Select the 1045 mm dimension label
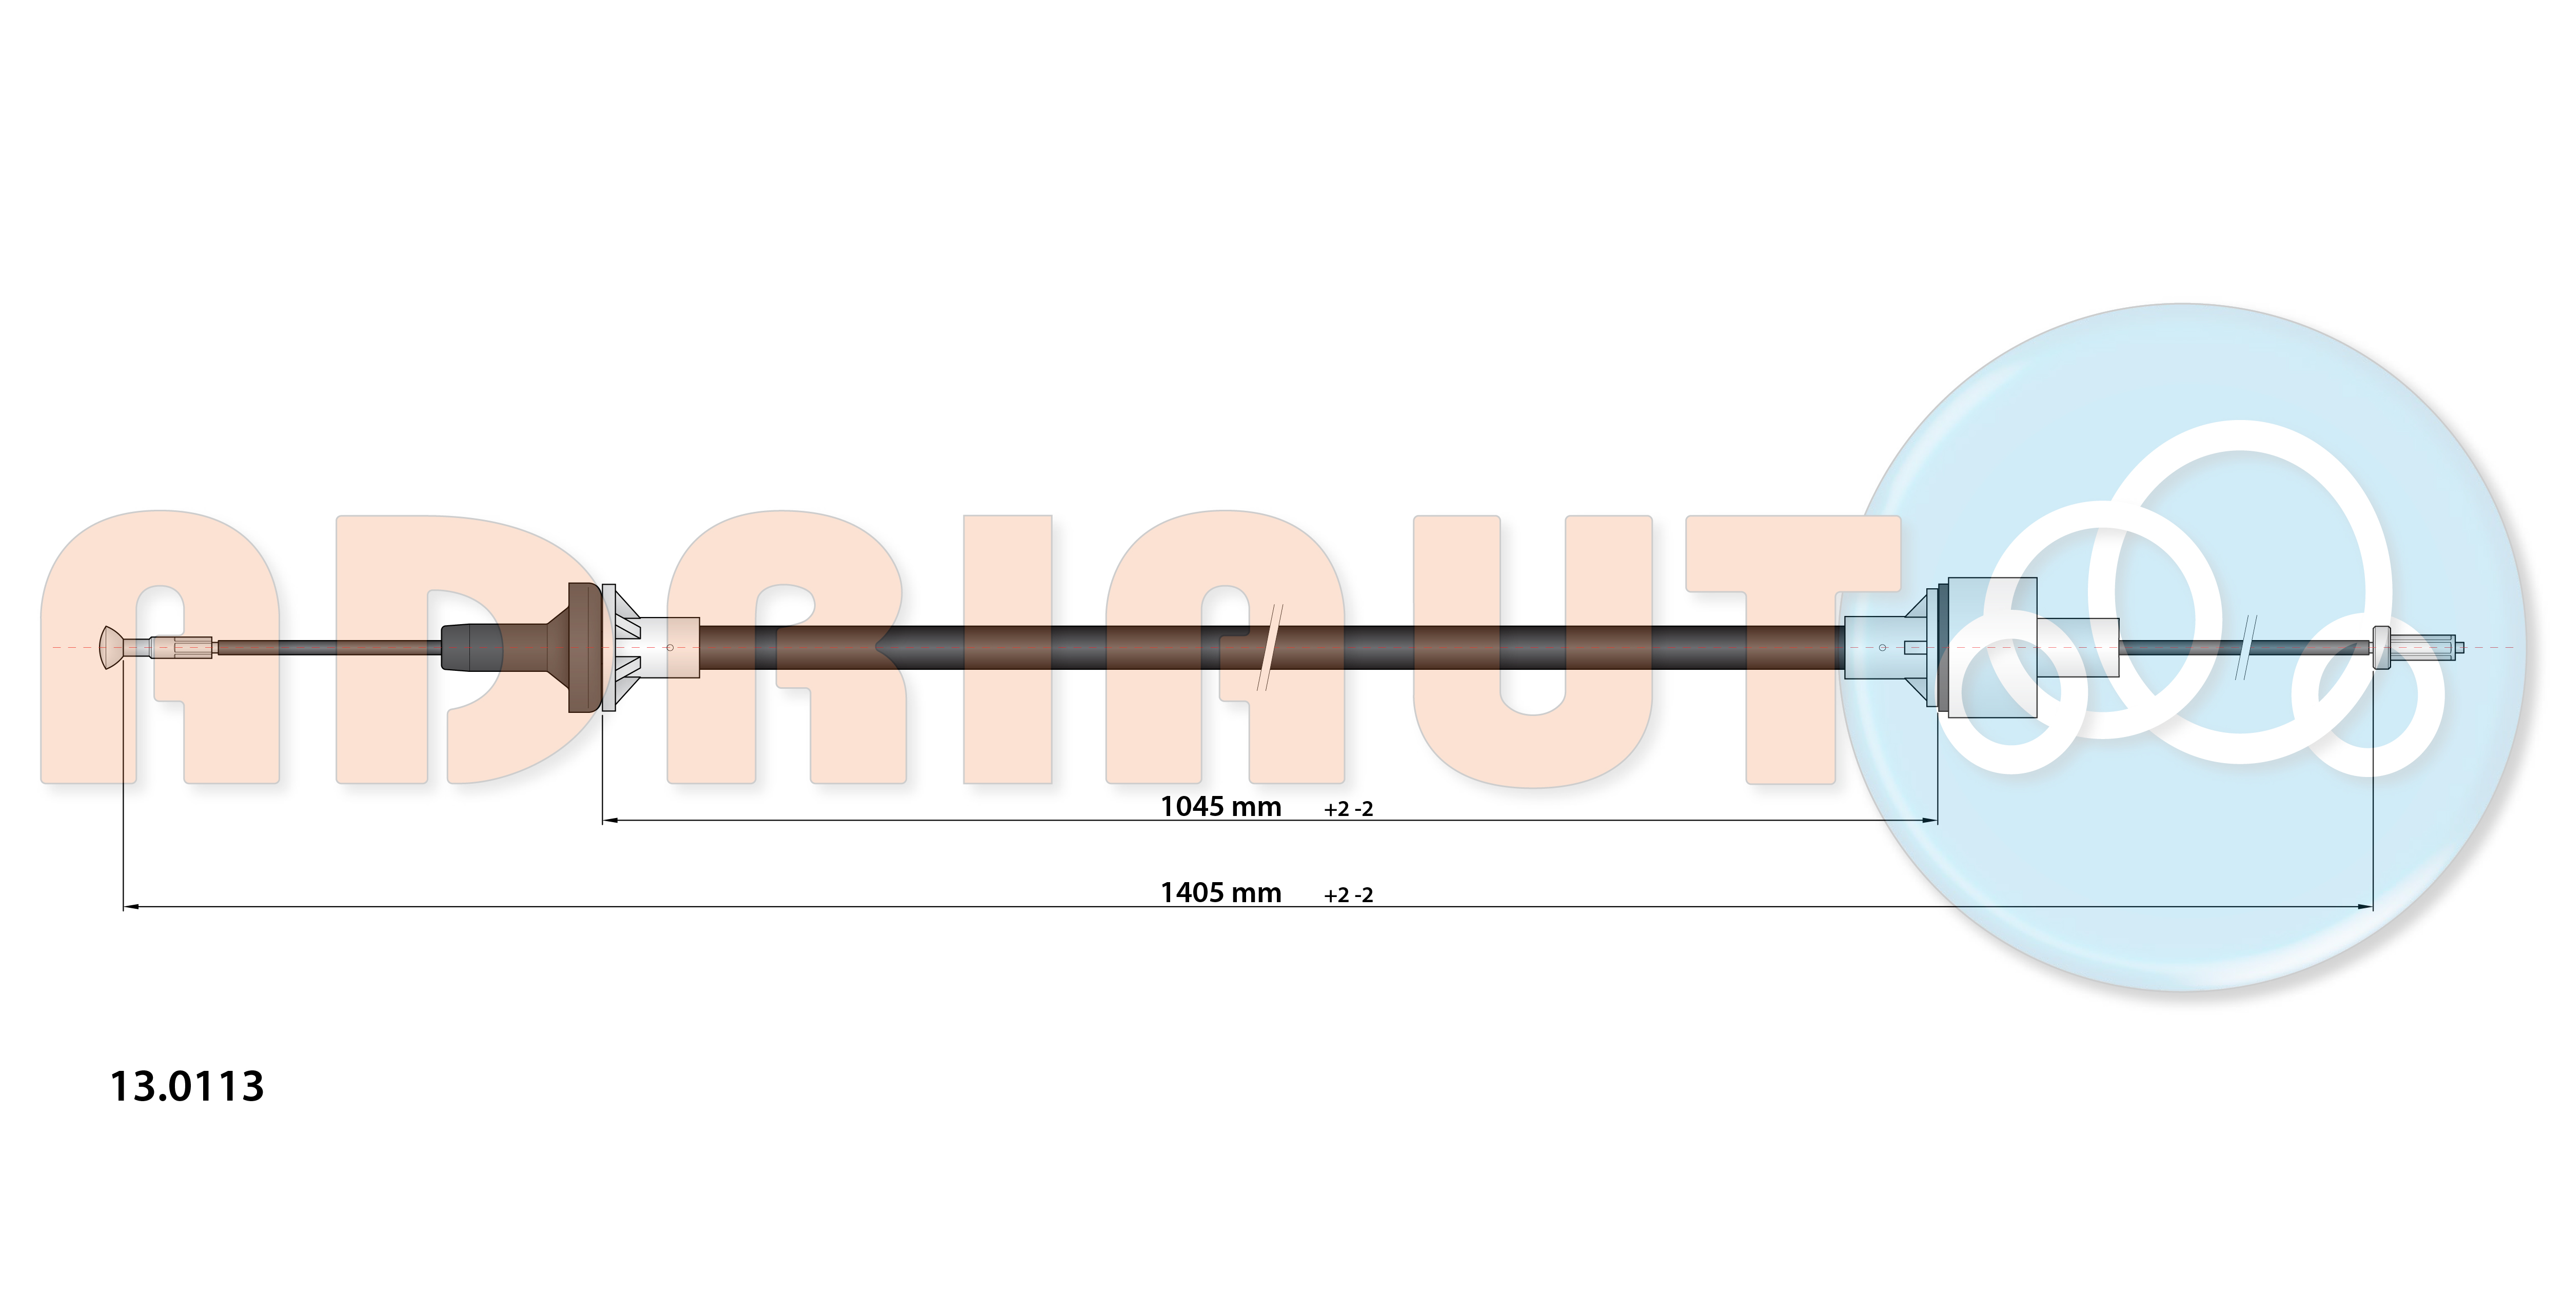pos(1221,806)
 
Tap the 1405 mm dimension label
pos(1221,893)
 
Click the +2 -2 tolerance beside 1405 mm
pos(1348,895)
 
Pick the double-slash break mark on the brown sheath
pos(1270,647)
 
